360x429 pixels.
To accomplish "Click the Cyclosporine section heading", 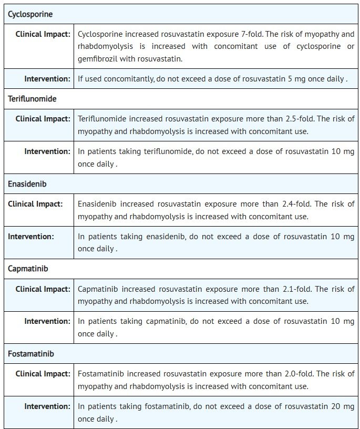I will click(30, 14).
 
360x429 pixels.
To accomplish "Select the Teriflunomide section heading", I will click(32, 99).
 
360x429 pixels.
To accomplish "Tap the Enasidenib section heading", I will click(27, 184).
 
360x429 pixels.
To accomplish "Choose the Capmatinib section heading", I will click(28, 269).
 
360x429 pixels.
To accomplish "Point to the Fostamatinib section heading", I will click(30, 354).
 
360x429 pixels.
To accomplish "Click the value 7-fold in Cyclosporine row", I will click(250, 34).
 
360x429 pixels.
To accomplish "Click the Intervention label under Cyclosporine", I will click(47, 79).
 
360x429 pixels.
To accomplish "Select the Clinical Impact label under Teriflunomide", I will click(43, 119).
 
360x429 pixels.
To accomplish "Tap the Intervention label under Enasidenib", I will click(30, 237).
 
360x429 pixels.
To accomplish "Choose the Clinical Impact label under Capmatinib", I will click(43, 289).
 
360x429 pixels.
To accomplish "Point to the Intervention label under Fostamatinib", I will click(47, 406).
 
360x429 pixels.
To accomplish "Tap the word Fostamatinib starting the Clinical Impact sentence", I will click(100, 374).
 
